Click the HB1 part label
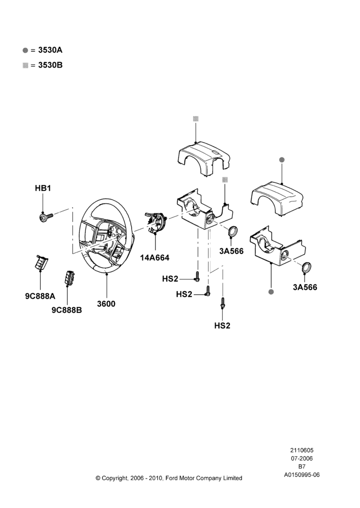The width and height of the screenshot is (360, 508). click(43, 188)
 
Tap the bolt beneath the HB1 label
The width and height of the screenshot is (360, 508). click(46, 216)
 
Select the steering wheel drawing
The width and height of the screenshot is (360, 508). click(106, 235)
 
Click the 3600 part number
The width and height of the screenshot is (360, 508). click(106, 304)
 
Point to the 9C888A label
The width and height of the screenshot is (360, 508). click(40, 296)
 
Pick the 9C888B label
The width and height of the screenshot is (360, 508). click(67, 310)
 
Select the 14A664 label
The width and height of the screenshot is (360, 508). click(155, 258)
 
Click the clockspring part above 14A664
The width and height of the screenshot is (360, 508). click(156, 222)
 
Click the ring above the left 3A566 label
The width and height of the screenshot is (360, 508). click(233, 232)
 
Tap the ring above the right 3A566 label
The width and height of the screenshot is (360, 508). click(307, 268)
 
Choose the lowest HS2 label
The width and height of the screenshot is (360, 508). click(222, 326)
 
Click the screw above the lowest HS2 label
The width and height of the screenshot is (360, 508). click(223, 303)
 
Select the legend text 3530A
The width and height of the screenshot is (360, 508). click(50, 50)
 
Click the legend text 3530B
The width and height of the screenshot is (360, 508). click(50, 65)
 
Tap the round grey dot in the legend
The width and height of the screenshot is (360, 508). click(25, 50)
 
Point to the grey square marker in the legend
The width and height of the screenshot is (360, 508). click(25, 65)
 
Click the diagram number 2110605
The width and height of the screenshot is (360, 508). click(302, 450)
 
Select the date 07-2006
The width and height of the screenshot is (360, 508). click(302, 458)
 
